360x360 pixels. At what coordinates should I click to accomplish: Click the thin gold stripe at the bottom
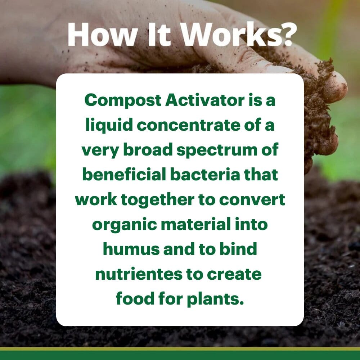coord(180,349)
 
